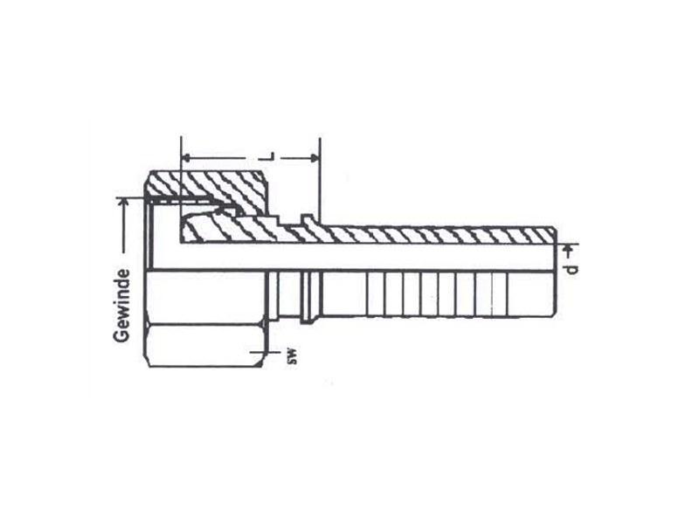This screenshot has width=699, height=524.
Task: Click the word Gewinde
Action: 121,306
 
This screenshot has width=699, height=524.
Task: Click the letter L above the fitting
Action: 270,157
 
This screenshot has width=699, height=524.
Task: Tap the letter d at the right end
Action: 571,270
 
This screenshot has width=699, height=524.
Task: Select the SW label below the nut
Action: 292,359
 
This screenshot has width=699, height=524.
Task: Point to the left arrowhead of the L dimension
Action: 187,158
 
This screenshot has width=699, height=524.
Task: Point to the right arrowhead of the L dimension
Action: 315,158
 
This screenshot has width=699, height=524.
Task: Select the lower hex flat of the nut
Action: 204,346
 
